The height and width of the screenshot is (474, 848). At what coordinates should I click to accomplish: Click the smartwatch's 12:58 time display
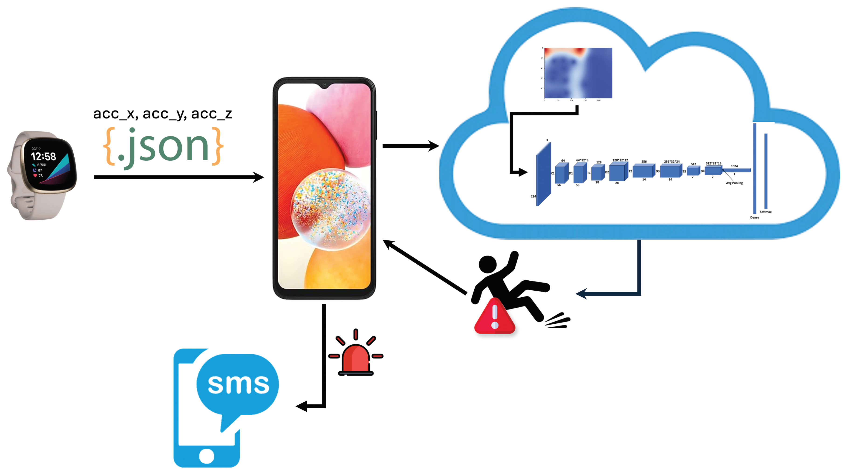point(44,156)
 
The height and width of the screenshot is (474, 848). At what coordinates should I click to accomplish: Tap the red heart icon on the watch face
point(35,175)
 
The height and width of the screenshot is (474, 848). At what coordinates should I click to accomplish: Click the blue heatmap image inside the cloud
point(578,73)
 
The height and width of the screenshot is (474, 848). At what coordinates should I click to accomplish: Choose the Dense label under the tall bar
point(755,218)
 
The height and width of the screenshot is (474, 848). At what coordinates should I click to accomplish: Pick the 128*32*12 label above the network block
point(620,160)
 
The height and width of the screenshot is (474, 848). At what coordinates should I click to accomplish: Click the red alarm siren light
point(356,358)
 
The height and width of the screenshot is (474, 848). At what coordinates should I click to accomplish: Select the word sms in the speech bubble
point(239,384)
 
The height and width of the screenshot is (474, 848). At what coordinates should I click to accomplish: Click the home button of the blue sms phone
point(206,456)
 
